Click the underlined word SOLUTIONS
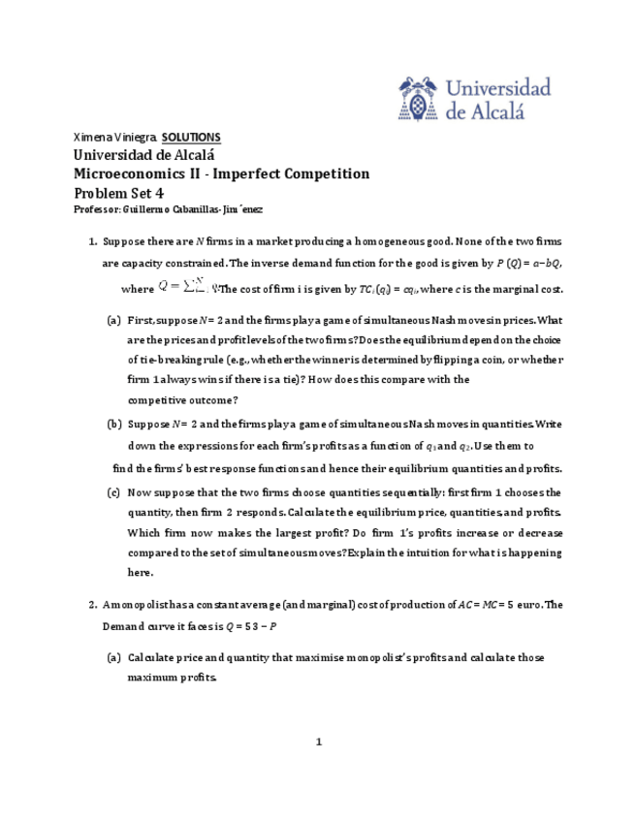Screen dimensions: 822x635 tap(191, 137)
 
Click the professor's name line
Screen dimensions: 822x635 tap(168, 209)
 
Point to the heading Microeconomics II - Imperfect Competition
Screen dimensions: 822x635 tap(222, 174)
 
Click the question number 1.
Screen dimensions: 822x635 tap(93, 241)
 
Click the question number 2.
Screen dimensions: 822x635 tap(93, 605)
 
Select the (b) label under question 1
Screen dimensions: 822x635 tap(114, 424)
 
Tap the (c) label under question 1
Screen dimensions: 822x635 tap(114, 491)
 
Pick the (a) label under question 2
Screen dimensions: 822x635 tap(114, 657)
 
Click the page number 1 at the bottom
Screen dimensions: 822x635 tap(317, 743)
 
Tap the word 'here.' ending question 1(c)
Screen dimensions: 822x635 tap(141, 573)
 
